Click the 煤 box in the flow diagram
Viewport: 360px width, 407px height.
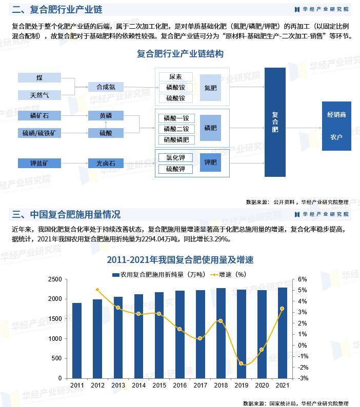pos(39,78)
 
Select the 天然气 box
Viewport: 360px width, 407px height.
pos(39,95)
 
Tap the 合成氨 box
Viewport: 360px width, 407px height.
pos(106,87)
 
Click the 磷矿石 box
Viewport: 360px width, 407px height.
pos(39,115)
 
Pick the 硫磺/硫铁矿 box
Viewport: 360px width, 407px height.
pos(39,133)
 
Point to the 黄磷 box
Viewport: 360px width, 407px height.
pos(106,115)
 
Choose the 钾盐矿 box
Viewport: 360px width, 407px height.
pos(39,164)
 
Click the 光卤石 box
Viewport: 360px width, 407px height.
pos(106,164)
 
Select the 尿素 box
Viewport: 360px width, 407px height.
pos(176,77)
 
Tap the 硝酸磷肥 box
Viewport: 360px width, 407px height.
pos(176,139)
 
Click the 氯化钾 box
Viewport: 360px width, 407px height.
pos(176,158)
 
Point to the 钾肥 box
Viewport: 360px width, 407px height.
pos(210,162)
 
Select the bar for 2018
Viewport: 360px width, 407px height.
pos(221,333)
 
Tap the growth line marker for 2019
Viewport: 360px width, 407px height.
pos(241,363)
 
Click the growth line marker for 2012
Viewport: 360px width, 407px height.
pos(97,290)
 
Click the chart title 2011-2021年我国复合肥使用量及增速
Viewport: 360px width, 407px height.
pos(180,260)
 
